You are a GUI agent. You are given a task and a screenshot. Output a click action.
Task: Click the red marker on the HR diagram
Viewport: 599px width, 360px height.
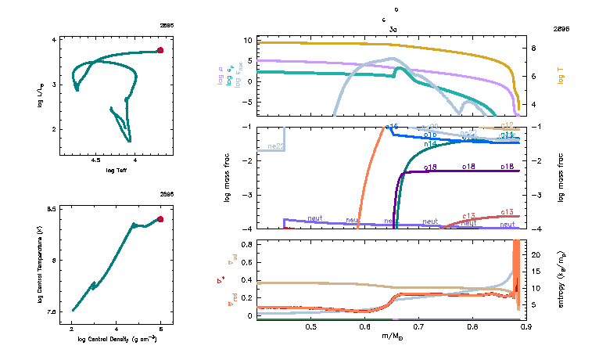pyautogui.click(x=160, y=50)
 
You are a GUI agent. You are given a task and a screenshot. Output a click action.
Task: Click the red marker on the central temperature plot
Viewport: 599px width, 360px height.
pyautogui.click(x=160, y=219)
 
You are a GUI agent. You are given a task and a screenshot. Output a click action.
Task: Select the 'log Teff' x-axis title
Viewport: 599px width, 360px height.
pyautogui.click(x=117, y=170)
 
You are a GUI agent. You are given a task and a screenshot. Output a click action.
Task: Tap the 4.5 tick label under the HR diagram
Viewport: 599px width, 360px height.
pyautogui.click(x=95, y=160)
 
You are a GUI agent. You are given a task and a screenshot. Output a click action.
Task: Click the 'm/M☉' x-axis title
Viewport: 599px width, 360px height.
pyautogui.click(x=393, y=337)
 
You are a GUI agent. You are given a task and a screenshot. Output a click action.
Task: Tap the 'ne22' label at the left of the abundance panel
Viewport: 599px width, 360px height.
pyautogui.click(x=275, y=146)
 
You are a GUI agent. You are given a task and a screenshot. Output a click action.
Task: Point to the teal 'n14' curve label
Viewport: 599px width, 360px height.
pyautogui.click(x=430, y=145)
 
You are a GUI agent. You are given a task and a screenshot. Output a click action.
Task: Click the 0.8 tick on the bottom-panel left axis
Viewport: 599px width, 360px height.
pyautogui.click(x=244, y=244)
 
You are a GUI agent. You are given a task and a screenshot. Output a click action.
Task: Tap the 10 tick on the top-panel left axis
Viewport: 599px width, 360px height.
pyautogui.click(x=246, y=40)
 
